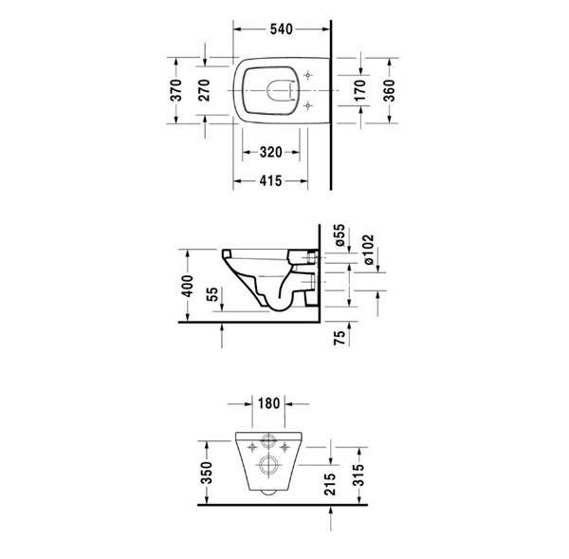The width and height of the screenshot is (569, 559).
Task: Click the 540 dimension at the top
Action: (x=282, y=29)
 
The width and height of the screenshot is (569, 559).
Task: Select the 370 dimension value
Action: (x=176, y=90)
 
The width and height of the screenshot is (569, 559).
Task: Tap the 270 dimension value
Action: (x=204, y=90)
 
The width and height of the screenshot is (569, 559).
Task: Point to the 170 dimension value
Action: (x=359, y=90)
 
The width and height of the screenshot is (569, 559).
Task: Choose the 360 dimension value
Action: (x=389, y=90)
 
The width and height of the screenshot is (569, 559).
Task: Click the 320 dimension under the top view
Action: (x=270, y=152)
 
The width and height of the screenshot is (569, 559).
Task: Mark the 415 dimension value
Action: (x=270, y=180)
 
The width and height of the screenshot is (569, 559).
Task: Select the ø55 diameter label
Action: (x=340, y=235)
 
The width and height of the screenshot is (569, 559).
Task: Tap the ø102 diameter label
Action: (x=368, y=250)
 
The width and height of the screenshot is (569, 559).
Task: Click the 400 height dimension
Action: (x=188, y=286)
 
